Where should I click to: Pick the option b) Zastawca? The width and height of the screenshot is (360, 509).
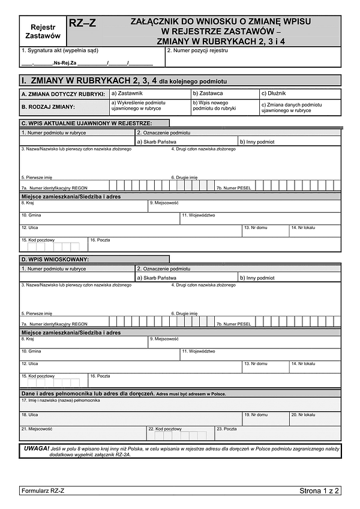tap(225, 94)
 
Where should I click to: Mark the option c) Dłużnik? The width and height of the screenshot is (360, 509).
tap(300, 94)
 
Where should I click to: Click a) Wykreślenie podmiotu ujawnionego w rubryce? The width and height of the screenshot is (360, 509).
tap(149, 107)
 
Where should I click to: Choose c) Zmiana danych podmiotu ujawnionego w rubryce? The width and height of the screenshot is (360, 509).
tap(300, 107)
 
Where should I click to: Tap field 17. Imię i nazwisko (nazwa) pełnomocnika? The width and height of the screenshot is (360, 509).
tap(180, 405)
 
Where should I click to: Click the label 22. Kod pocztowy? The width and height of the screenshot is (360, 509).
tap(165, 429)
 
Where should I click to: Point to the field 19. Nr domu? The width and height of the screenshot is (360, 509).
tap(265, 418)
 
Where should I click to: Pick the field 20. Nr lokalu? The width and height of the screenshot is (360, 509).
tap(314, 418)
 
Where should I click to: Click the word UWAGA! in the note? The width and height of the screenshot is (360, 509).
tap(37, 448)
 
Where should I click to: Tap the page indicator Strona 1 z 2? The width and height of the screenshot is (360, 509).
tap(319, 491)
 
